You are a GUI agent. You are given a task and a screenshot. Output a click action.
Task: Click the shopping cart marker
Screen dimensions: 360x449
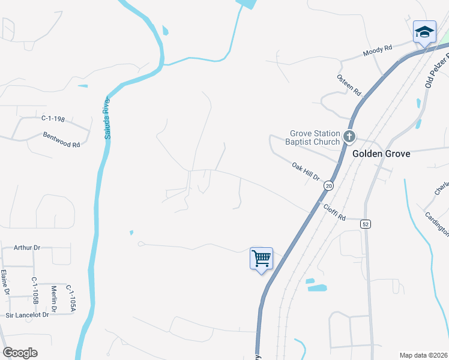coord(261,259)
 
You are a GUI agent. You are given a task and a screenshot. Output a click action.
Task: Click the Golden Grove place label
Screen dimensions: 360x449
coord(381,154)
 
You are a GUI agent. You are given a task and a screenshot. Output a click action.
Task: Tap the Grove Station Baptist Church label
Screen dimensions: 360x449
coord(315,137)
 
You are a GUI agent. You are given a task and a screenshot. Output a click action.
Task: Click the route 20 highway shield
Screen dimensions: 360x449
coord(328,187)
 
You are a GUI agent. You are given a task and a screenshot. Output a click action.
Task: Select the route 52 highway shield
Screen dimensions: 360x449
coord(365,223)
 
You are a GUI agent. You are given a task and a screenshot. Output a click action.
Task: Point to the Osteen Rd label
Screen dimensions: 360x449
coord(349,85)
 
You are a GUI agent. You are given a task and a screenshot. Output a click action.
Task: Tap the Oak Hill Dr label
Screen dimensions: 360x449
coord(306,172)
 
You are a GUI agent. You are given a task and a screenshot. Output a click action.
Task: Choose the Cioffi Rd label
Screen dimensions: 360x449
coord(335,211)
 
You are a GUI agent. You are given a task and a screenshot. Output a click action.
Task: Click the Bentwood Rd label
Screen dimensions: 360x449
coord(61,140)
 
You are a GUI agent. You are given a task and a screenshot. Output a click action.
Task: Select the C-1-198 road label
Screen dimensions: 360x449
coord(53,119)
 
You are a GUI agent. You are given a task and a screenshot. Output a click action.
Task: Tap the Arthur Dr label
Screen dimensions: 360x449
coord(27,247)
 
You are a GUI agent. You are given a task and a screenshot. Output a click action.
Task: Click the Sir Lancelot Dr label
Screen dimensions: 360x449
coord(27,314)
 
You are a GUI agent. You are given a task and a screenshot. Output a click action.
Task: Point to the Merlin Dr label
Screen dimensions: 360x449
coord(53,298)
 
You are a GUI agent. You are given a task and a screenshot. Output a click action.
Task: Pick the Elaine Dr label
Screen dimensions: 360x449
coord(5,282)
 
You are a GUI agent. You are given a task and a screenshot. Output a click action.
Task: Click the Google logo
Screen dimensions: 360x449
coord(20,353)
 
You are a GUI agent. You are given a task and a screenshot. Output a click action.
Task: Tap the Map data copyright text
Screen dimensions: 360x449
coord(423,355)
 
